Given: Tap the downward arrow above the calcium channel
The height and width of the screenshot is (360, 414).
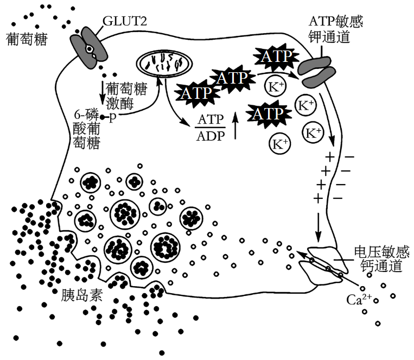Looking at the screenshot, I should pyautogui.click(x=319, y=226).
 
